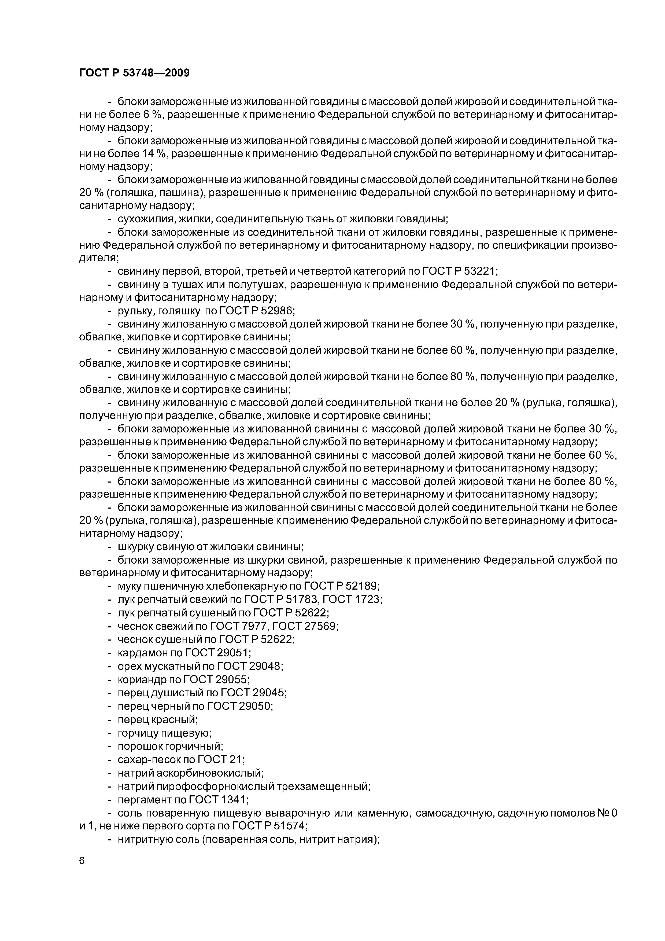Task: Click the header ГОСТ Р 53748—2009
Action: [x=134, y=73]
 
